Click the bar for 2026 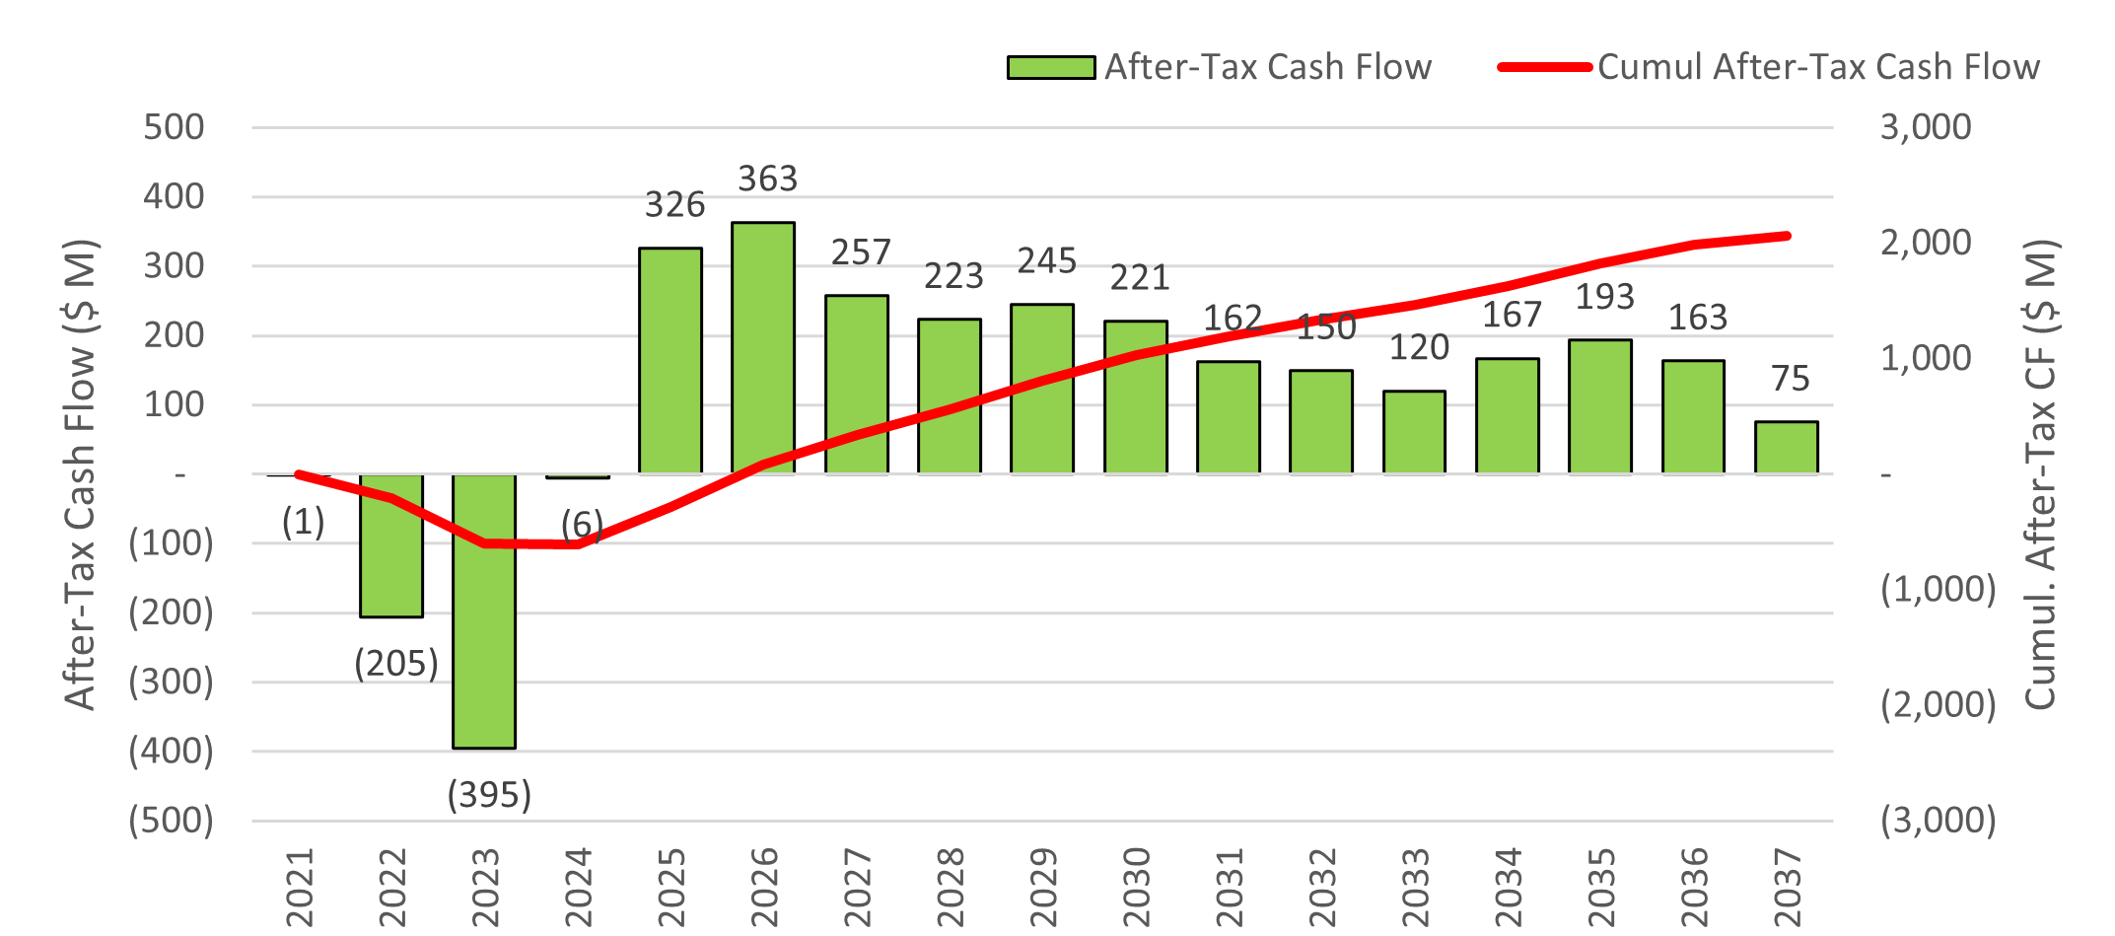coord(762,347)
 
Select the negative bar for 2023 coord(483,611)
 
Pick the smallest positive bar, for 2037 coord(1786,448)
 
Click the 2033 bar coord(1414,432)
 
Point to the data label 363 coord(767,179)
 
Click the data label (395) coord(489,794)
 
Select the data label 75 coord(1790,379)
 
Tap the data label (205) coord(395,663)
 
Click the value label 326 coord(674,204)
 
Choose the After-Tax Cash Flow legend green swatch coord(1050,67)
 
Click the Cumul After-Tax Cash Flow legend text coord(1818,67)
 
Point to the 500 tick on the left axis coord(174,127)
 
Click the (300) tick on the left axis coord(171,682)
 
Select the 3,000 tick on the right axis coord(1925,127)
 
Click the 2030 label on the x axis coord(1136,886)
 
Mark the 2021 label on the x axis coord(299,886)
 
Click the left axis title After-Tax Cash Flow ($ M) coord(80,473)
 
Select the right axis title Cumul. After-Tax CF coord(2040,473)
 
